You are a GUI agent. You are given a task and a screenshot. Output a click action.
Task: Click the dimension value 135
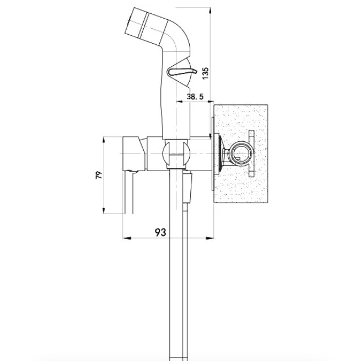(205, 73)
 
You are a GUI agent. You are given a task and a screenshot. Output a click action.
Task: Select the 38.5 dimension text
(195, 96)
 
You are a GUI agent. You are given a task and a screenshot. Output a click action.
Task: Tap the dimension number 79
(99, 175)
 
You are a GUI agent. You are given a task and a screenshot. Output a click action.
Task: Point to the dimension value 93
(160, 232)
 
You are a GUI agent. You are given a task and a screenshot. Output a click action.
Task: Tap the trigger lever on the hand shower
(182, 72)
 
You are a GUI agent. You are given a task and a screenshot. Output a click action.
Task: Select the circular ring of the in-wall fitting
(241, 153)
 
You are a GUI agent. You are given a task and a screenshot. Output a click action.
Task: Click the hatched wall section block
(241, 153)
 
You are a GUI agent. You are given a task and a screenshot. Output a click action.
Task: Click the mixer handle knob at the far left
(133, 153)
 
